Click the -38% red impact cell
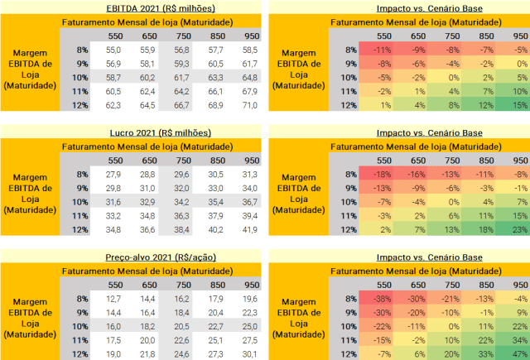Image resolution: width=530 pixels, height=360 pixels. [383, 299]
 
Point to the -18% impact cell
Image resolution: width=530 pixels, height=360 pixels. [383, 175]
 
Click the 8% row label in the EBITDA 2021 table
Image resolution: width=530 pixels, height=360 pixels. [80, 50]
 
